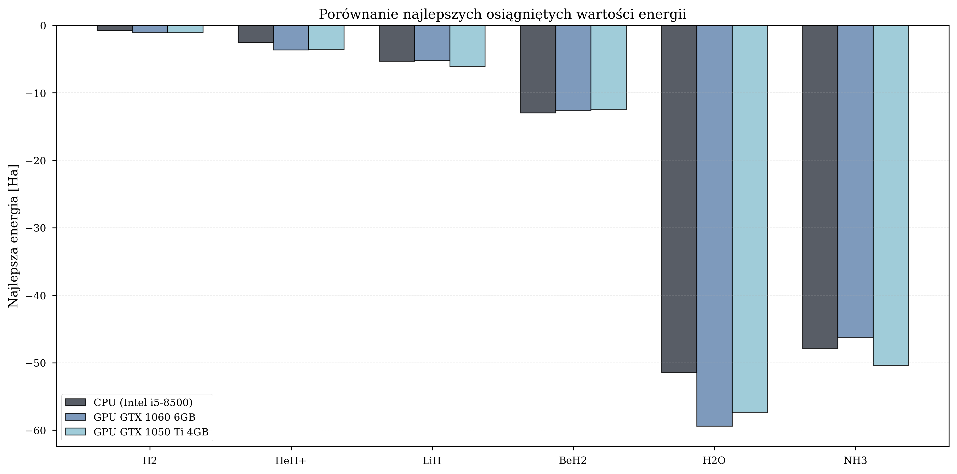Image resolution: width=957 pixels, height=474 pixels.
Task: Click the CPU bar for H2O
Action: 679,199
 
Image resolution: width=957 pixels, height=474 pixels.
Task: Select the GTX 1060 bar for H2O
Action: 714,226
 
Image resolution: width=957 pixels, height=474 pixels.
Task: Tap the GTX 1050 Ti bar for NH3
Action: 891,195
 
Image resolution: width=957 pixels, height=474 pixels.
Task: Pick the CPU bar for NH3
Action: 820,187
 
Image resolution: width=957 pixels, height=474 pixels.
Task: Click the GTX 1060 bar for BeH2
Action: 573,68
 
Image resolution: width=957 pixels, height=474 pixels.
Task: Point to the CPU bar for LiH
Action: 396,43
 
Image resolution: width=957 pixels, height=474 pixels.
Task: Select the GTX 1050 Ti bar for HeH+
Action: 326,37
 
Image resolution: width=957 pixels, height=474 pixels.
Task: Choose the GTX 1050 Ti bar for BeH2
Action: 608,67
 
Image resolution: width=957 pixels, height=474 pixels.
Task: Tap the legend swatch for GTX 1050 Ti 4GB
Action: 75,432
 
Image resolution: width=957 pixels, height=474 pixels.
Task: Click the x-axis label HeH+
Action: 291,461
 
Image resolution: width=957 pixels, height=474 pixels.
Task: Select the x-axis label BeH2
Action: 573,461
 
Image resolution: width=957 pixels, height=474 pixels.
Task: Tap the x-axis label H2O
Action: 714,461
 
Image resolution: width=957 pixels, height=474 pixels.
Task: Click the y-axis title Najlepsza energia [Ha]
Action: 13,236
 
